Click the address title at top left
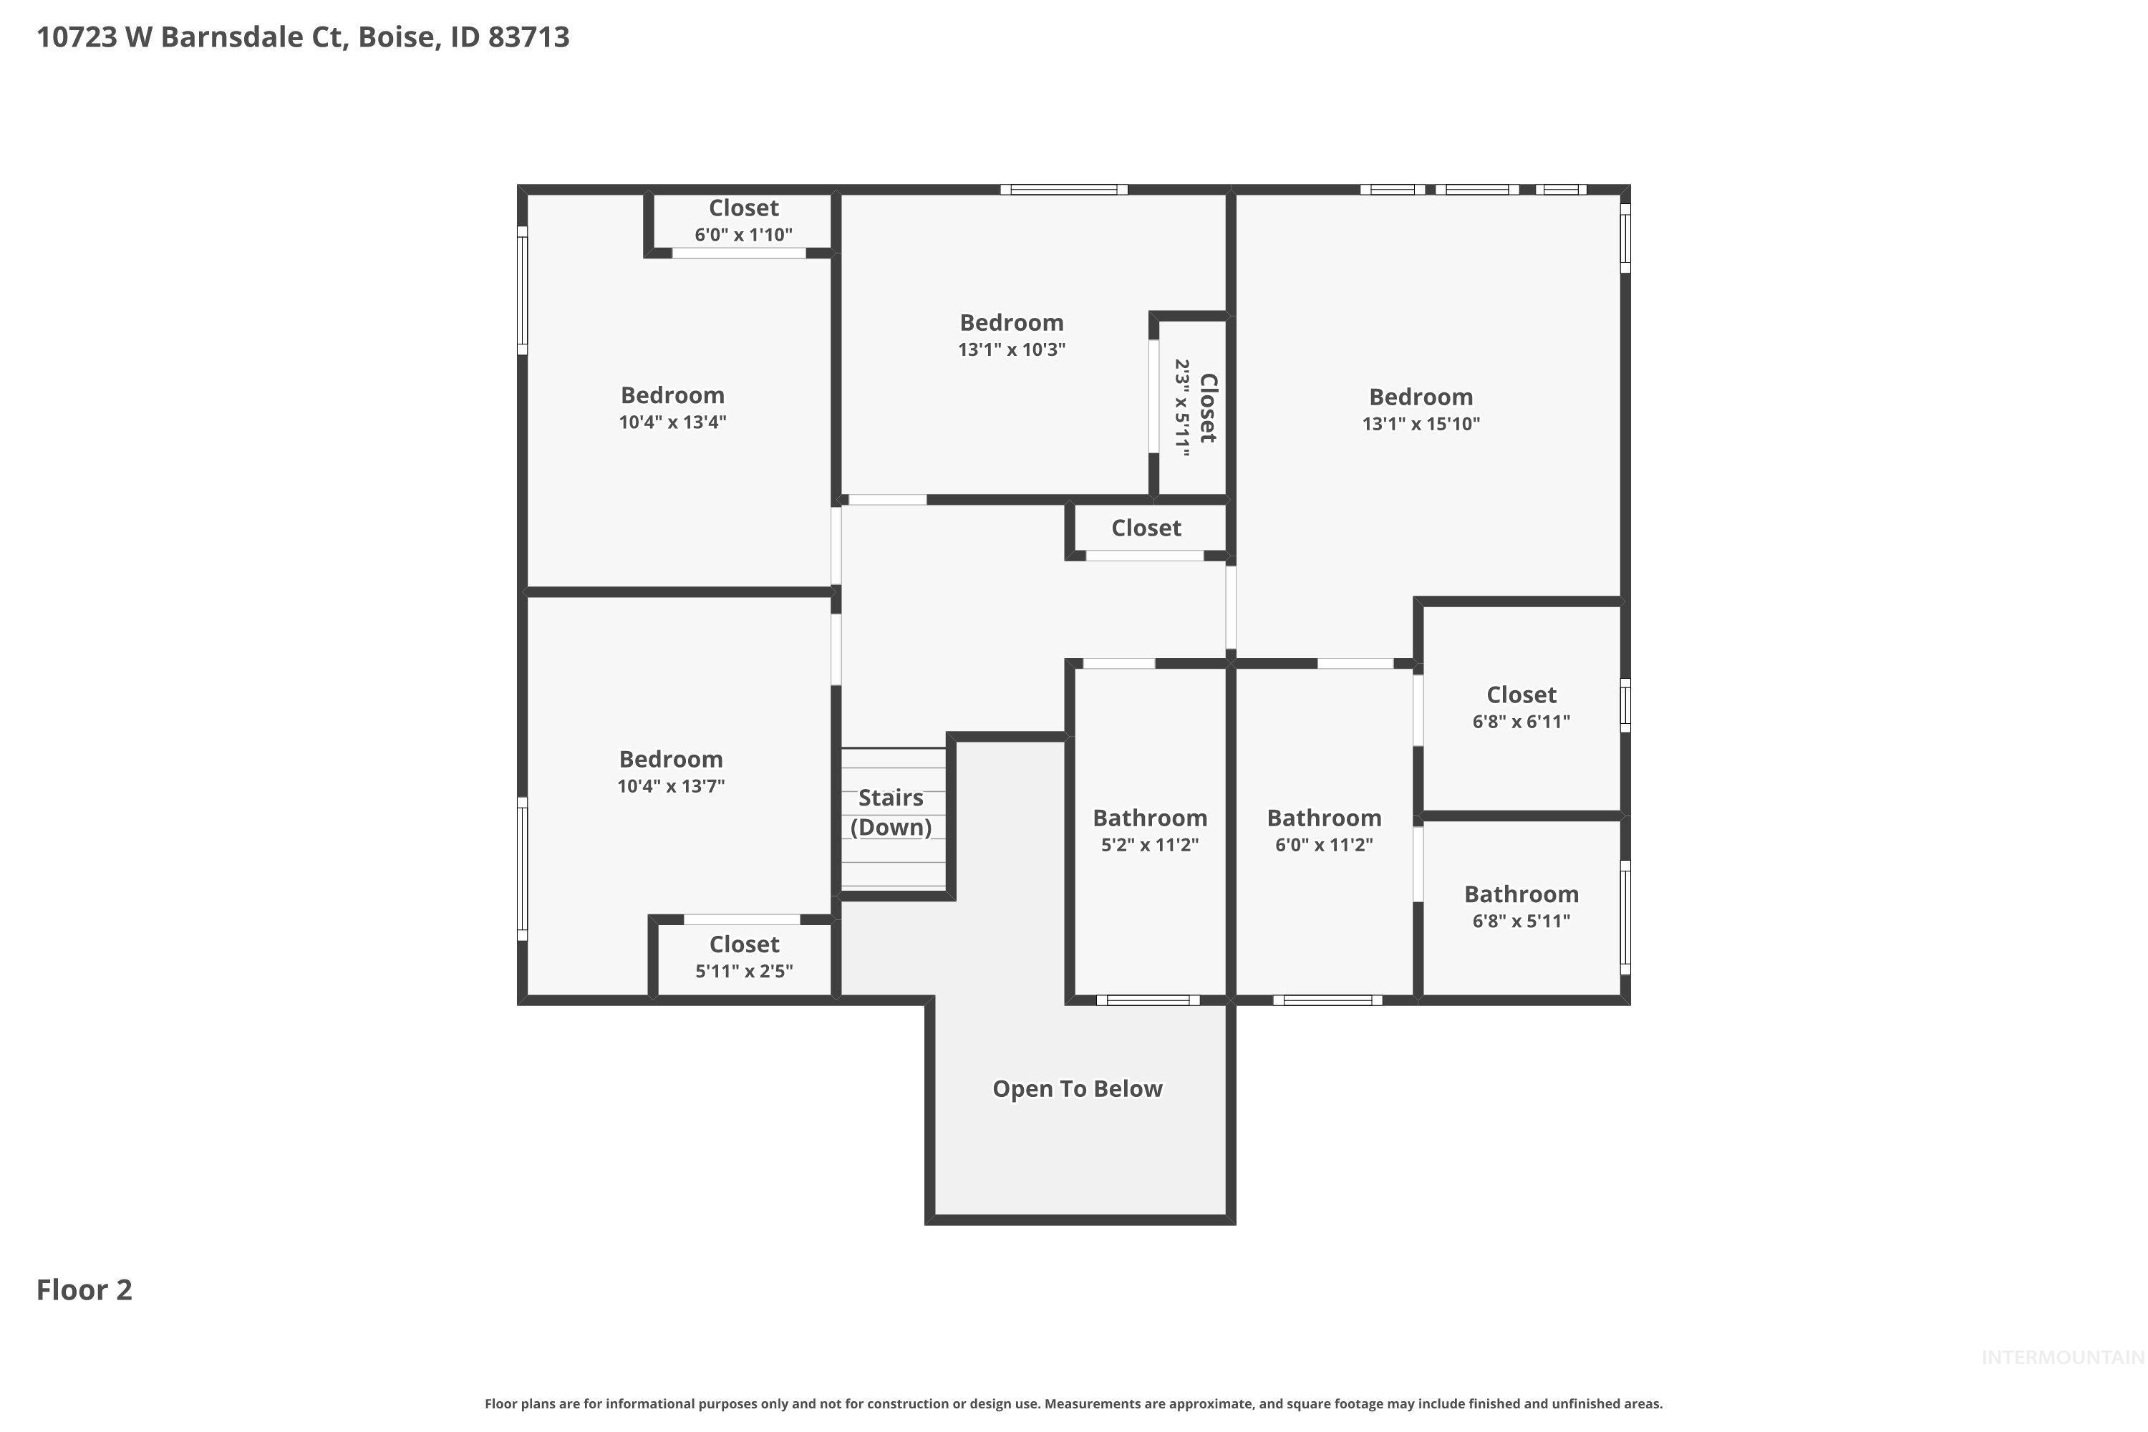point(302,37)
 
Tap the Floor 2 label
point(84,1290)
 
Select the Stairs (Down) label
point(891,812)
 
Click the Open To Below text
point(1077,1088)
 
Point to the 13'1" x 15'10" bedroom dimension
point(1420,424)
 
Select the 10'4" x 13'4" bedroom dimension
point(672,422)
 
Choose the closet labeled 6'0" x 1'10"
point(743,221)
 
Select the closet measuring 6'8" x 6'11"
point(1521,708)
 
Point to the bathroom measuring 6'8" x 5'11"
point(1521,907)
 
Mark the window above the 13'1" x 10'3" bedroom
point(1063,190)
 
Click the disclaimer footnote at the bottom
point(1073,1403)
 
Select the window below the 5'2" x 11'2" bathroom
point(1148,1000)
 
